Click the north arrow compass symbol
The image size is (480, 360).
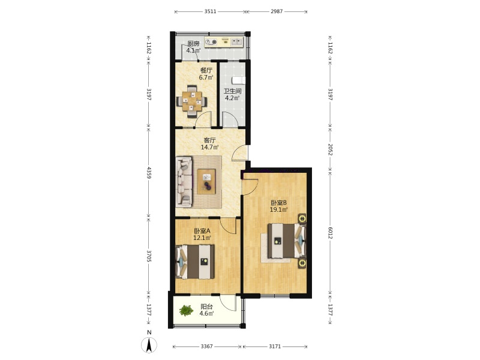click(x=149, y=345)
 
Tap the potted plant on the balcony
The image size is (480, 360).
click(x=186, y=310)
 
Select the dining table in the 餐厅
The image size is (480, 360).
click(x=191, y=101)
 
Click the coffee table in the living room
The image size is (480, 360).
click(x=206, y=181)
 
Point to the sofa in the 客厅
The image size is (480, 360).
click(x=184, y=182)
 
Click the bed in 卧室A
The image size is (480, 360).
click(x=194, y=262)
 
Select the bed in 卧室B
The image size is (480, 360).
click(x=287, y=241)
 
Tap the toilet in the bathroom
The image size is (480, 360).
click(x=239, y=80)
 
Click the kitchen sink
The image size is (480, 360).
click(x=236, y=41)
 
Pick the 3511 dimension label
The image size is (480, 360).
click(x=211, y=11)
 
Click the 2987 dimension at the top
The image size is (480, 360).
click(x=277, y=11)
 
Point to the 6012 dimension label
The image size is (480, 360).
click(x=330, y=233)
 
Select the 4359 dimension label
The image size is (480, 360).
click(x=149, y=173)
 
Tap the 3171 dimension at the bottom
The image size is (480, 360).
click(x=275, y=346)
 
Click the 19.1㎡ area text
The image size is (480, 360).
click(x=278, y=209)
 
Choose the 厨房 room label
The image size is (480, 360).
click(x=193, y=43)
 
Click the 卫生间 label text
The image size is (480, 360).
click(x=232, y=91)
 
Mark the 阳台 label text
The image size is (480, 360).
click(x=206, y=307)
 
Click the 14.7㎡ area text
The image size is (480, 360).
click(x=209, y=147)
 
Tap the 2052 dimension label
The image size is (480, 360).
click(x=330, y=149)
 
